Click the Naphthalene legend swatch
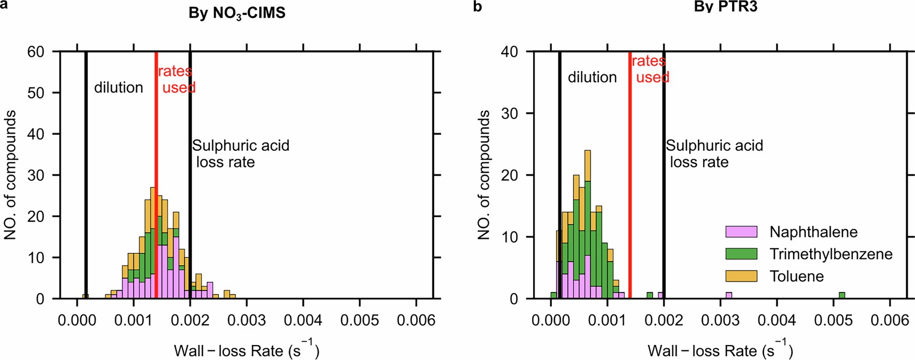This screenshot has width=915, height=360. [741, 232]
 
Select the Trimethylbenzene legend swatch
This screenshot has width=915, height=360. [741, 254]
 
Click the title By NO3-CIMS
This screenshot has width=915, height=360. [237, 13]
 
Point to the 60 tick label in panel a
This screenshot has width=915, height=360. [36, 52]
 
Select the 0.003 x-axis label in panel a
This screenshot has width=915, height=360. [247, 320]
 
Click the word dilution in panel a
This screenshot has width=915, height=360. [119, 88]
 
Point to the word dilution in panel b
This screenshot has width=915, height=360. [592, 78]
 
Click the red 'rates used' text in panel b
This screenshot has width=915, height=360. [650, 70]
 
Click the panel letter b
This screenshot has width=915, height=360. [478, 6]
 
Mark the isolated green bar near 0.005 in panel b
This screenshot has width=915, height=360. [842, 295]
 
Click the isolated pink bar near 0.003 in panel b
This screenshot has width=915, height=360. [729, 295]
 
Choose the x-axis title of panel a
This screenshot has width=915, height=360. [247, 350]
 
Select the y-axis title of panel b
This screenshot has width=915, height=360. [484, 175]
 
